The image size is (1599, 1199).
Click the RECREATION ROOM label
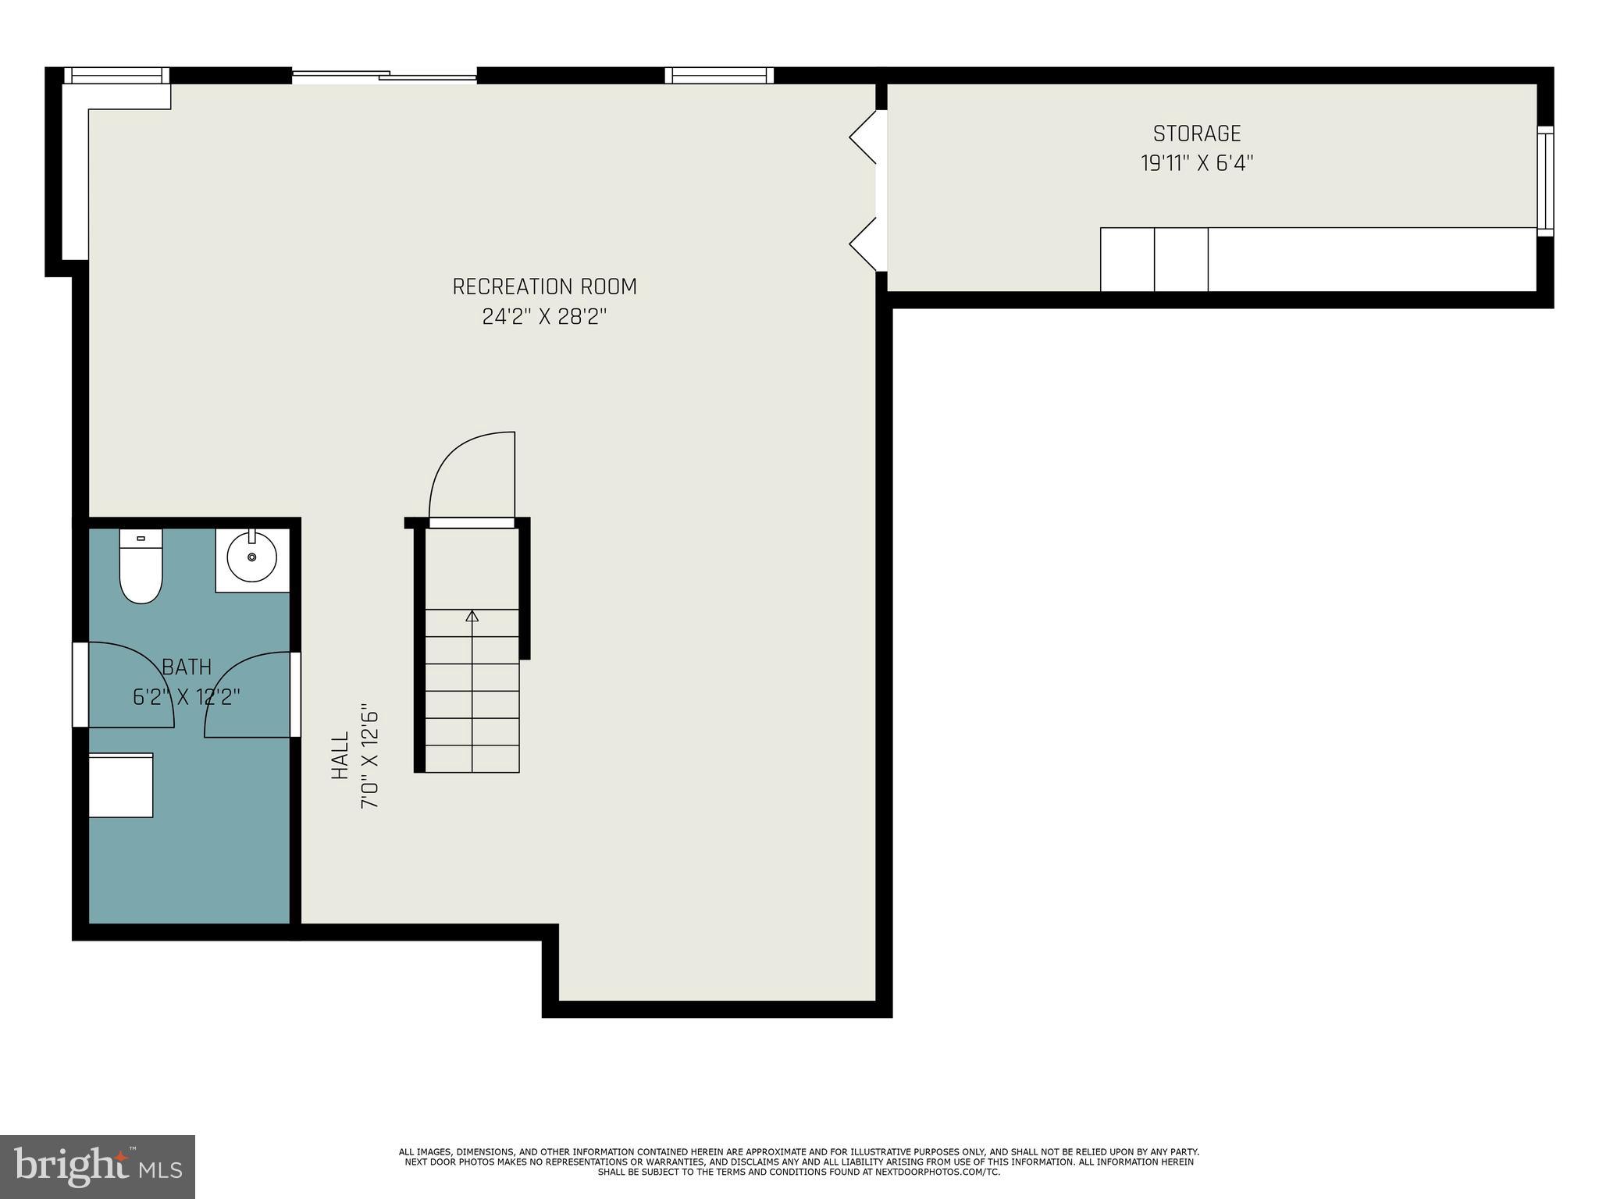tap(544, 286)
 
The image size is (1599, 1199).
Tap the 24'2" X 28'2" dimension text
tap(544, 317)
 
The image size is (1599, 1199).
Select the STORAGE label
tap(1196, 133)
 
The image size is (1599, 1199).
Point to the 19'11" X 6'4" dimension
tap(1196, 163)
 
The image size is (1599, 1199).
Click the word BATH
tap(187, 667)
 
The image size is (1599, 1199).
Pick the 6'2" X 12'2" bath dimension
tap(187, 696)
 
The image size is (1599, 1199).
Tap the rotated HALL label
tap(340, 755)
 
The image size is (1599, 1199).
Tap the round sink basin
tap(251, 557)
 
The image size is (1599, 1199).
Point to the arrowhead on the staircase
tap(472, 616)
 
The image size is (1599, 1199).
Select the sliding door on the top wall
tap(384, 76)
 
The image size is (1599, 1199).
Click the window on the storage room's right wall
tap(1545, 180)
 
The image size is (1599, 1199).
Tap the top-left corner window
tap(116, 76)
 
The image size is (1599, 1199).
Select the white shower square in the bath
tap(120, 785)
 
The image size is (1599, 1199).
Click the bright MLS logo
tap(98, 1167)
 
